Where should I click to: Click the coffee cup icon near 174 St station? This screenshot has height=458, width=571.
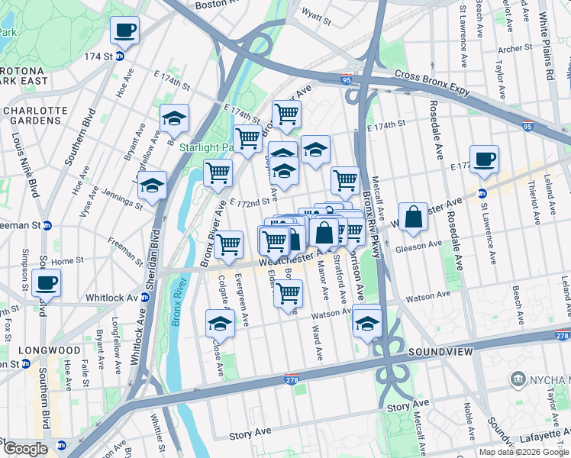point(124,31)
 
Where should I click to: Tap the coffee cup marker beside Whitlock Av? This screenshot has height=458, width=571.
point(47,282)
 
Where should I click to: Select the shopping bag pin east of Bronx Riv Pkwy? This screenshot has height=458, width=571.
point(413,217)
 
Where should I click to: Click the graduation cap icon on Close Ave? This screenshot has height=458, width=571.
point(220,324)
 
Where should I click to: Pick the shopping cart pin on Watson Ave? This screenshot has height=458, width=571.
point(288,293)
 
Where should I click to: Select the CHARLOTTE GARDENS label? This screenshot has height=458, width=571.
point(35,115)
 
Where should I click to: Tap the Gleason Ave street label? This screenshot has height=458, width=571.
point(419,245)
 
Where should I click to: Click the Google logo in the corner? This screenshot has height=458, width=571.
point(24,448)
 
